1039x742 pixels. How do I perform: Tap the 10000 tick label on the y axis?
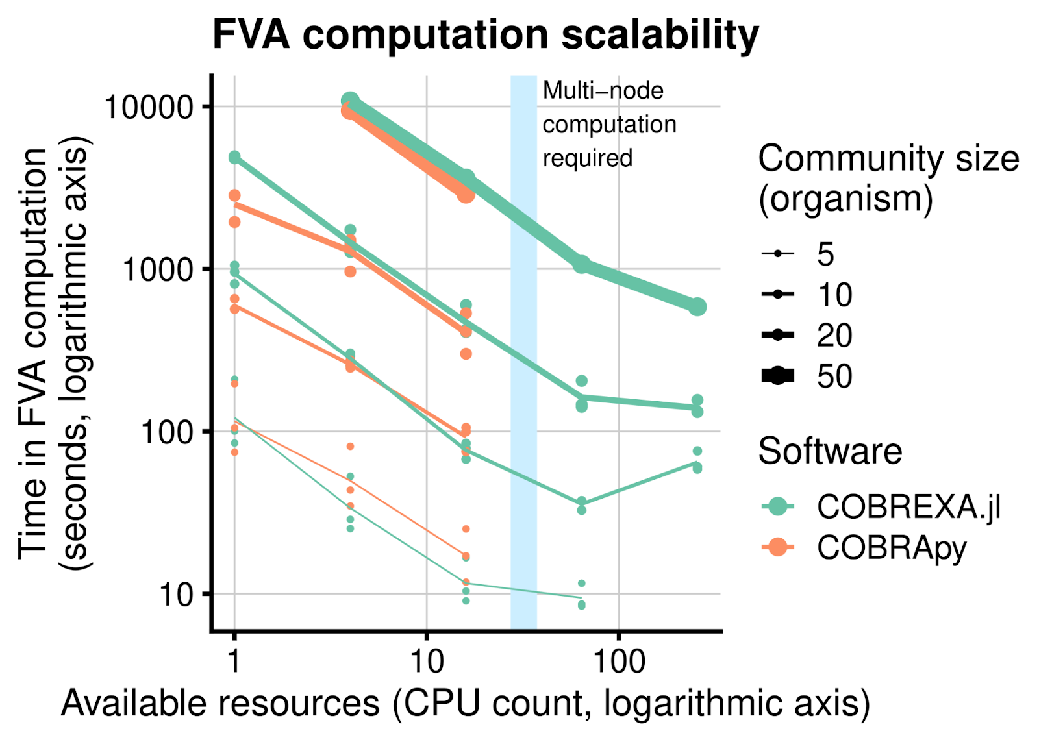point(149,107)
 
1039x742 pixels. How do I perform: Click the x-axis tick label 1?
point(234,661)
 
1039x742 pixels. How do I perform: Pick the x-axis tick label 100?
point(618,661)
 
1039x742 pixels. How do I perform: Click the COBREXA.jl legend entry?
point(908,507)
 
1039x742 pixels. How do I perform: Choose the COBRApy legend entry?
point(891,548)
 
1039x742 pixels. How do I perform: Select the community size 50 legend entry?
point(834,376)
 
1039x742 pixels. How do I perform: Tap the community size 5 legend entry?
point(825,254)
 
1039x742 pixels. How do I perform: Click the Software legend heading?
point(830,451)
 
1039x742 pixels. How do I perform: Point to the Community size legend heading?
point(888,178)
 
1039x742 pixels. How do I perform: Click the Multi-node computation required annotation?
point(609,124)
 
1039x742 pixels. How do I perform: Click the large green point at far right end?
point(697,307)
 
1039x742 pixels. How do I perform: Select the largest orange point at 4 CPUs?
point(349,111)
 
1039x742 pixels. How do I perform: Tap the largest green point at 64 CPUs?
point(581,264)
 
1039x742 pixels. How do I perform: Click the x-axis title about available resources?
point(465,704)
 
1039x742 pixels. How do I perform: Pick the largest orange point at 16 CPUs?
point(466,193)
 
